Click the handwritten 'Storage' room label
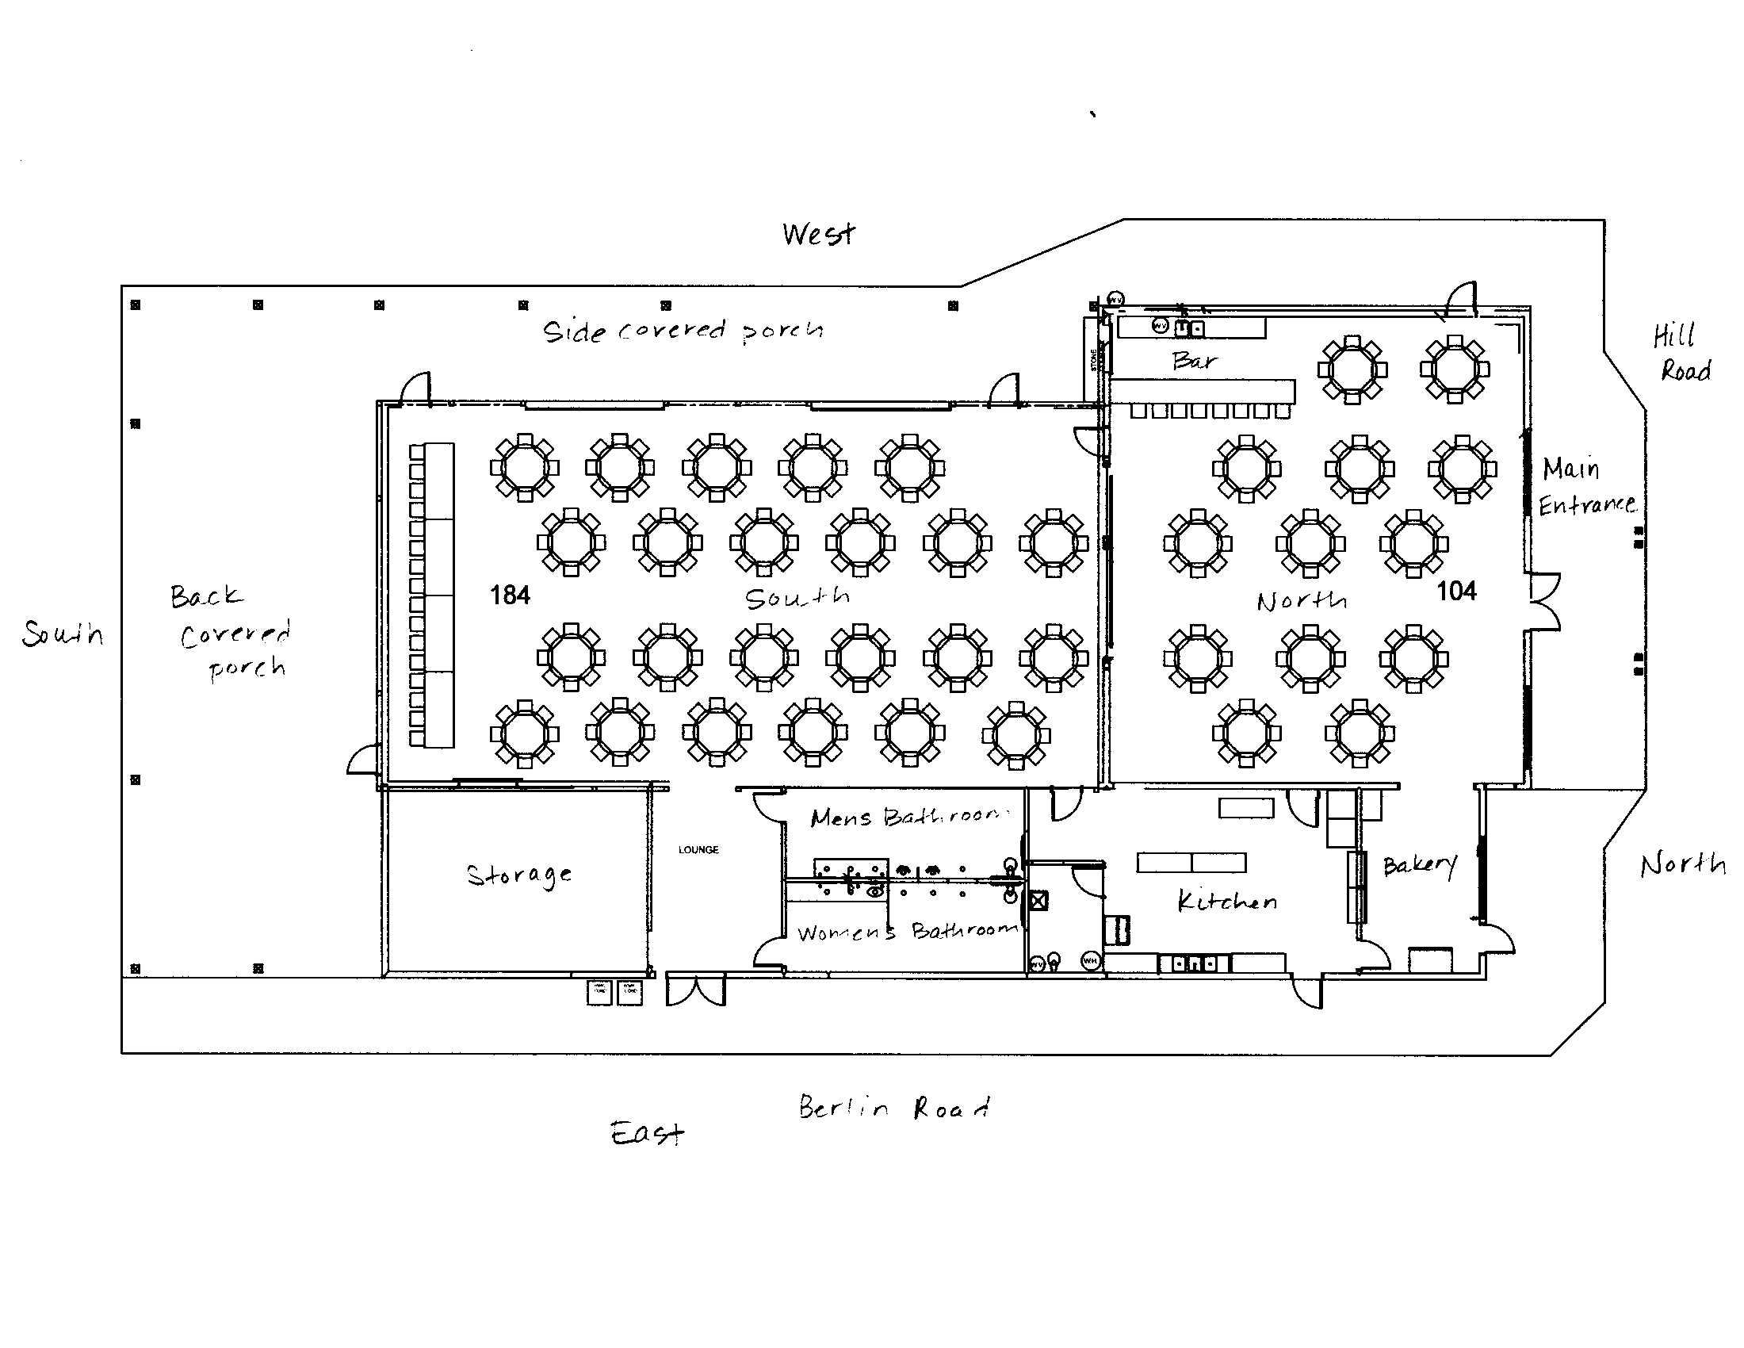pyautogui.click(x=519, y=875)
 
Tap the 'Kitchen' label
pyautogui.click(x=1227, y=902)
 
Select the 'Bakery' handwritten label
pyautogui.click(x=1420, y=866)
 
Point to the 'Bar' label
pyautogui.click(x=1195, y=361)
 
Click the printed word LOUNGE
pyautogui.click(x=698, y=850)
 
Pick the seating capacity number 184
pyautogui.click(x=510, y=595)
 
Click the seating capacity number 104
pyautogui.click(x=1456, y=591)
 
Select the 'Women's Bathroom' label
pyautogui.click(x=907, y=932)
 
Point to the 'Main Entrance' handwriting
pyautogui.click(x=1585, y=486)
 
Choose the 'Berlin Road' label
pyautogui.click(x=894, y=1108)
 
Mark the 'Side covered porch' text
pyautogui.click(x=683, y=331)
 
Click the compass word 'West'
pyautogui.click(x=819, y=234)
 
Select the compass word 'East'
pyautogui.click(x=647, y=1133)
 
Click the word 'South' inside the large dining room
pyautogui.click(x=797, y=598)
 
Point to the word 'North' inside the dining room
pyautogui.click(x=1302, y=600)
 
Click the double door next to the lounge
pyautogui.click(x=695, y=990)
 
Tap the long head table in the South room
pyautogui.click(x=438, y=595)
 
